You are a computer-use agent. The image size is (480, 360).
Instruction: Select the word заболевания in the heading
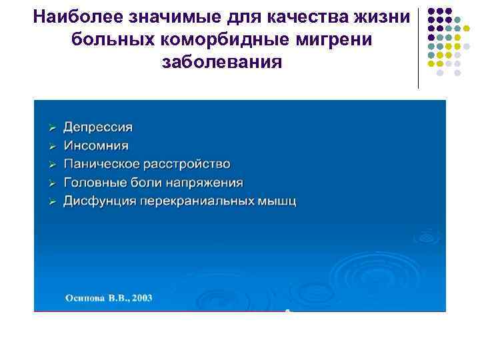[221, 63]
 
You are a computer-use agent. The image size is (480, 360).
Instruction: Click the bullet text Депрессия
[98, 127]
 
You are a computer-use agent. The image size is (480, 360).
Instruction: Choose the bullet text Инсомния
[96, 145]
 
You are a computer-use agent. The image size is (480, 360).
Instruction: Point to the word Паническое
[103, 164]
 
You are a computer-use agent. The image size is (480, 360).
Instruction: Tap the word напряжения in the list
[209, 183]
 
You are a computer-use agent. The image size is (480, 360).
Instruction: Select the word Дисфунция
[99, 201]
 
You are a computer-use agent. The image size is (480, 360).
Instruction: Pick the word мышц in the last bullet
[279, 201]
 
